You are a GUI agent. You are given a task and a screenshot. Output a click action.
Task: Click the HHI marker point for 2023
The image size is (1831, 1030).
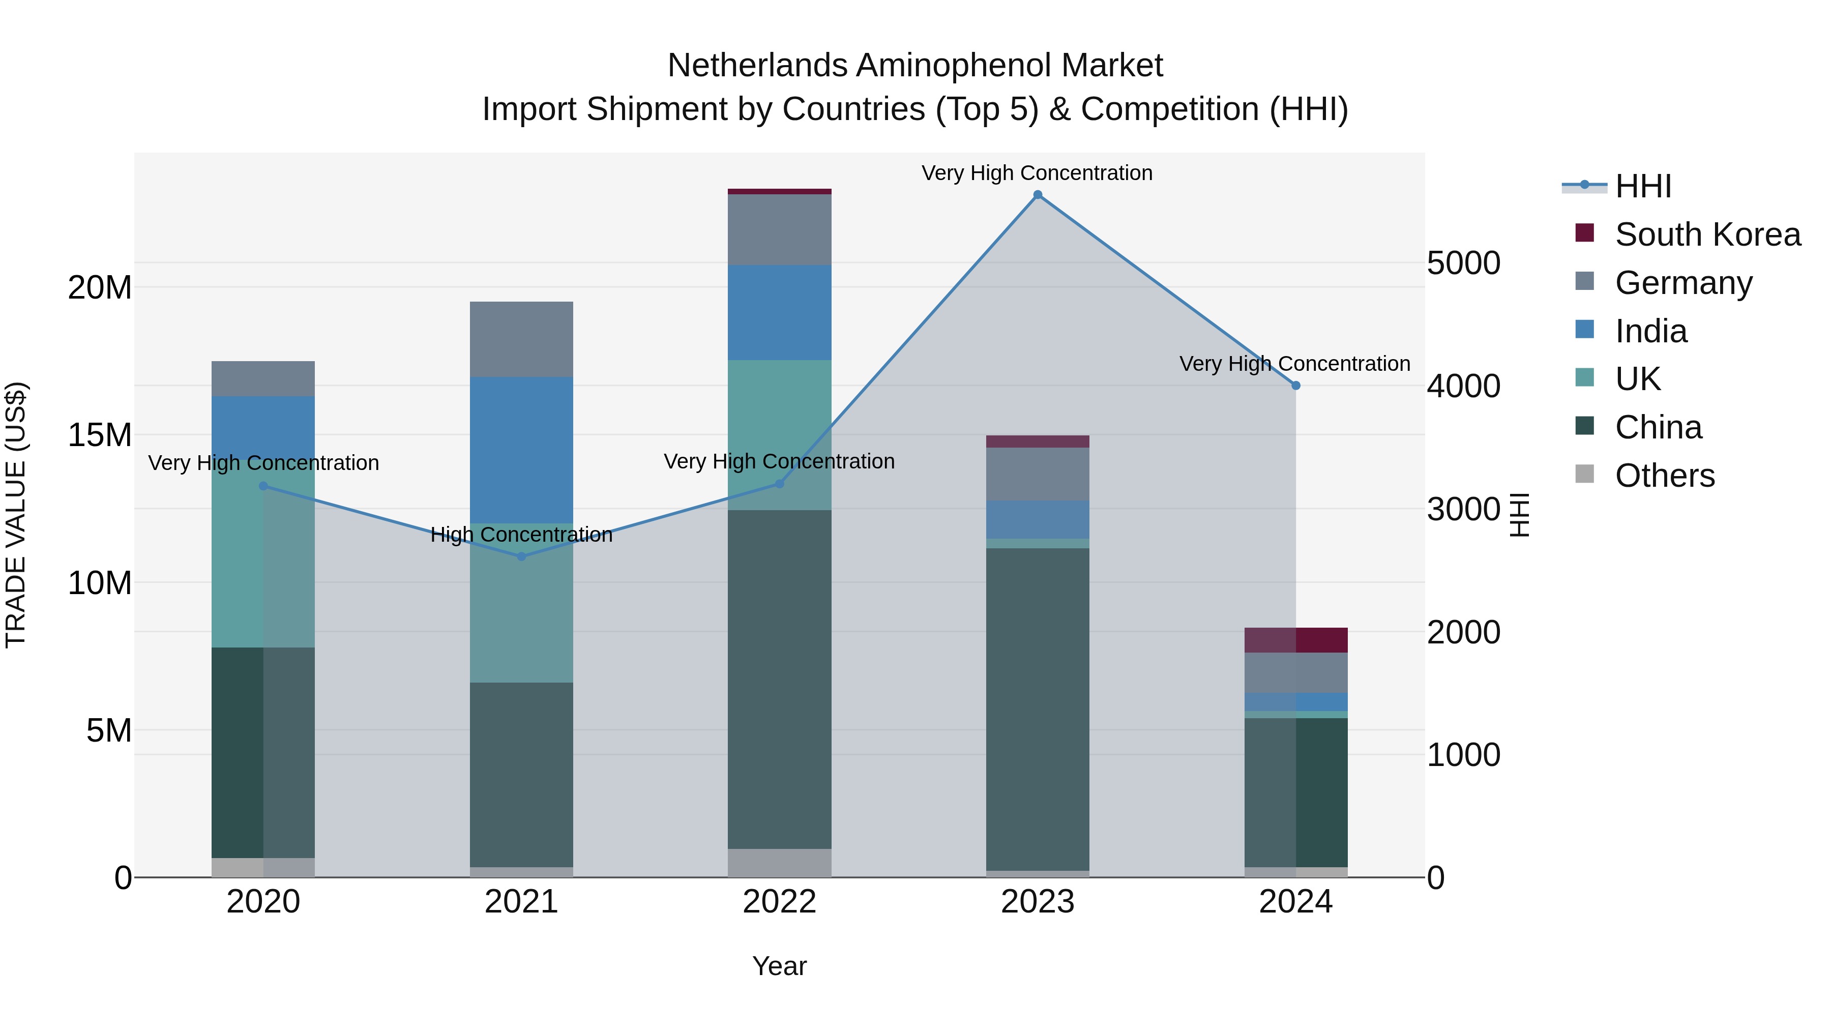point(1037,195)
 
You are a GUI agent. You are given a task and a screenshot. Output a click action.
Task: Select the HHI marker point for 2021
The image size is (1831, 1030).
point(522,556)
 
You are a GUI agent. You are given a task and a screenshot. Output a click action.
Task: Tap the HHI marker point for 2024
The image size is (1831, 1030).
point(1296,385)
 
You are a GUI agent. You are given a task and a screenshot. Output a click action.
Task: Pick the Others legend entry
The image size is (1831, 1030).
point(1664,476)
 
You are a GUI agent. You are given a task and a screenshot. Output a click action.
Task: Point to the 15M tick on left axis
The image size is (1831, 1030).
point(100,435)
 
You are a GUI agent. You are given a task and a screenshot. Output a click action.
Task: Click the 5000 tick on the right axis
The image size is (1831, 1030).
point(1463,263)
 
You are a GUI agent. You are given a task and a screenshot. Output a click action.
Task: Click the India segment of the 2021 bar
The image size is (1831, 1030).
point(522,450)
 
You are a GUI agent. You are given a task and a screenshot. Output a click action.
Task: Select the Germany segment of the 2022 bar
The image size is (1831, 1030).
point(779,229)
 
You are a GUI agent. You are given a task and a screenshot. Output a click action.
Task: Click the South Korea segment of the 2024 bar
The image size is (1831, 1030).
point(1296,640)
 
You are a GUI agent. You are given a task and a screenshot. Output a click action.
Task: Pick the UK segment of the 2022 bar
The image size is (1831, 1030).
point(779,434)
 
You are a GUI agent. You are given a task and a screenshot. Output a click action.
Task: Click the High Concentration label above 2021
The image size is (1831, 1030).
point(522,535)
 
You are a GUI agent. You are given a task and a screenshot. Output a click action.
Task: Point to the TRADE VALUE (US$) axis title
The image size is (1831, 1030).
point(16,515)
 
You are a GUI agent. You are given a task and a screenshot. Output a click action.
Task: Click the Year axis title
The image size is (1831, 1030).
point(779,966)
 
